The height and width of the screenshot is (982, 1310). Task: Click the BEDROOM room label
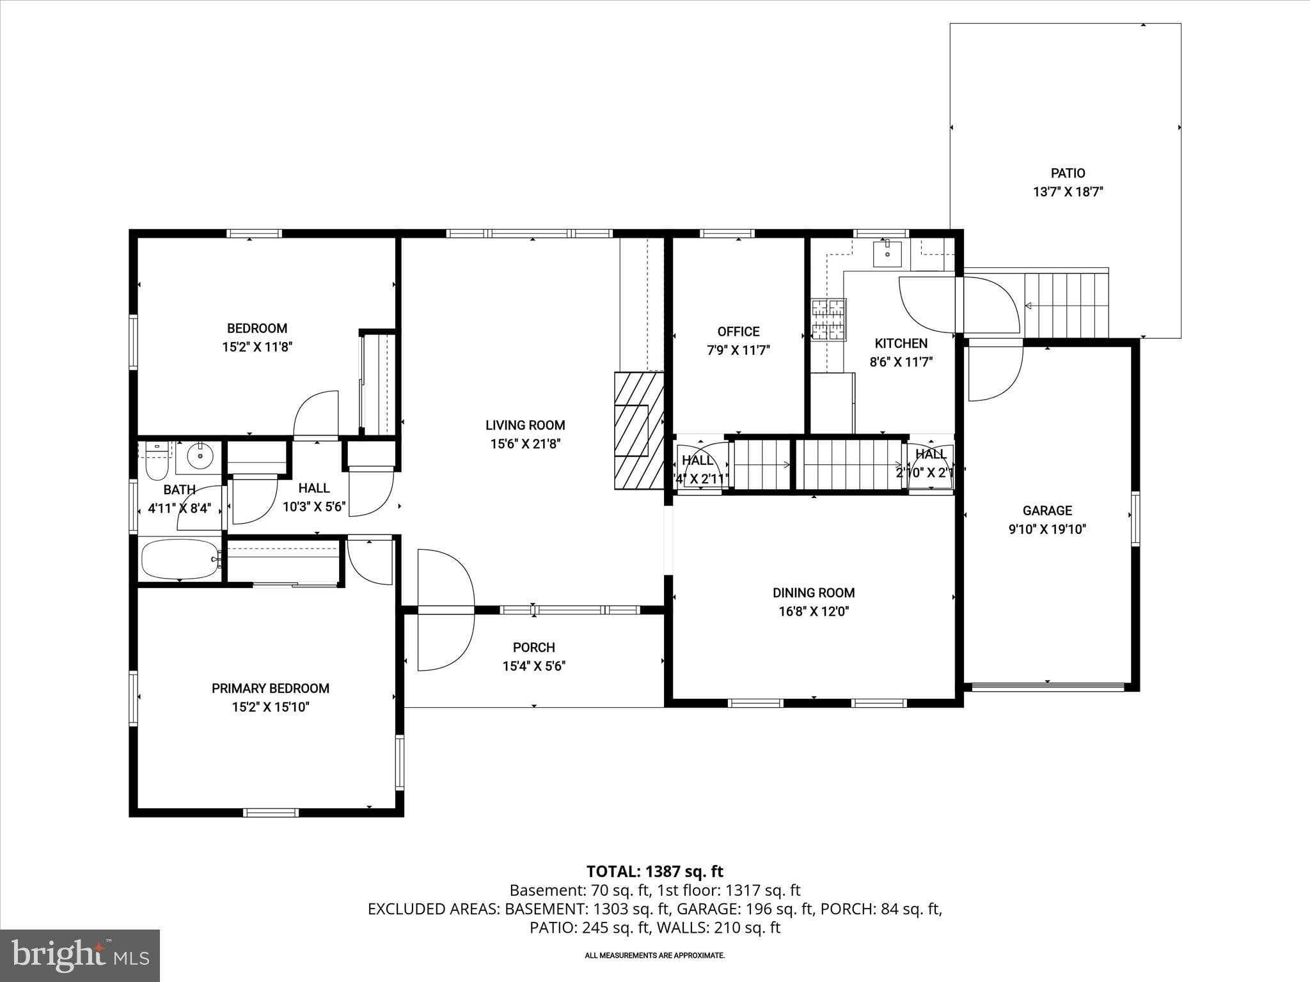256,329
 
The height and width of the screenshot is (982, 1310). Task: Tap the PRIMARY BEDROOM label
271,689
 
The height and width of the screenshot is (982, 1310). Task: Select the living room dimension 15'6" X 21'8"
525,444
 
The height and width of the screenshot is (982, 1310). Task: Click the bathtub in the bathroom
180,559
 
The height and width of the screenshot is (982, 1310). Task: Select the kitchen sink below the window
887,254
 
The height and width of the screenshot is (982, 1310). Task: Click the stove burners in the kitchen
828,320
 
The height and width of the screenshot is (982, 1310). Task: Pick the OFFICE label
738,332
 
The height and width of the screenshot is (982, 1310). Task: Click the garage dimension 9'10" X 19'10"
1047,529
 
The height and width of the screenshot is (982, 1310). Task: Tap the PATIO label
1068,173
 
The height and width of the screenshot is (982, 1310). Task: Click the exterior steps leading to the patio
1066,305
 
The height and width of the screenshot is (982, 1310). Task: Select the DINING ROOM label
813,593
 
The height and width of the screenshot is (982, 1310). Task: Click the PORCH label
533,648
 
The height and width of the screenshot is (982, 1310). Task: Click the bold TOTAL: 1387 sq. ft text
654,871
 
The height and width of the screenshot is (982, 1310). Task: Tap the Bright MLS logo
80,955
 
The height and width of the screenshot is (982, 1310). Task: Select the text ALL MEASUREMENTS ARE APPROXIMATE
654,955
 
